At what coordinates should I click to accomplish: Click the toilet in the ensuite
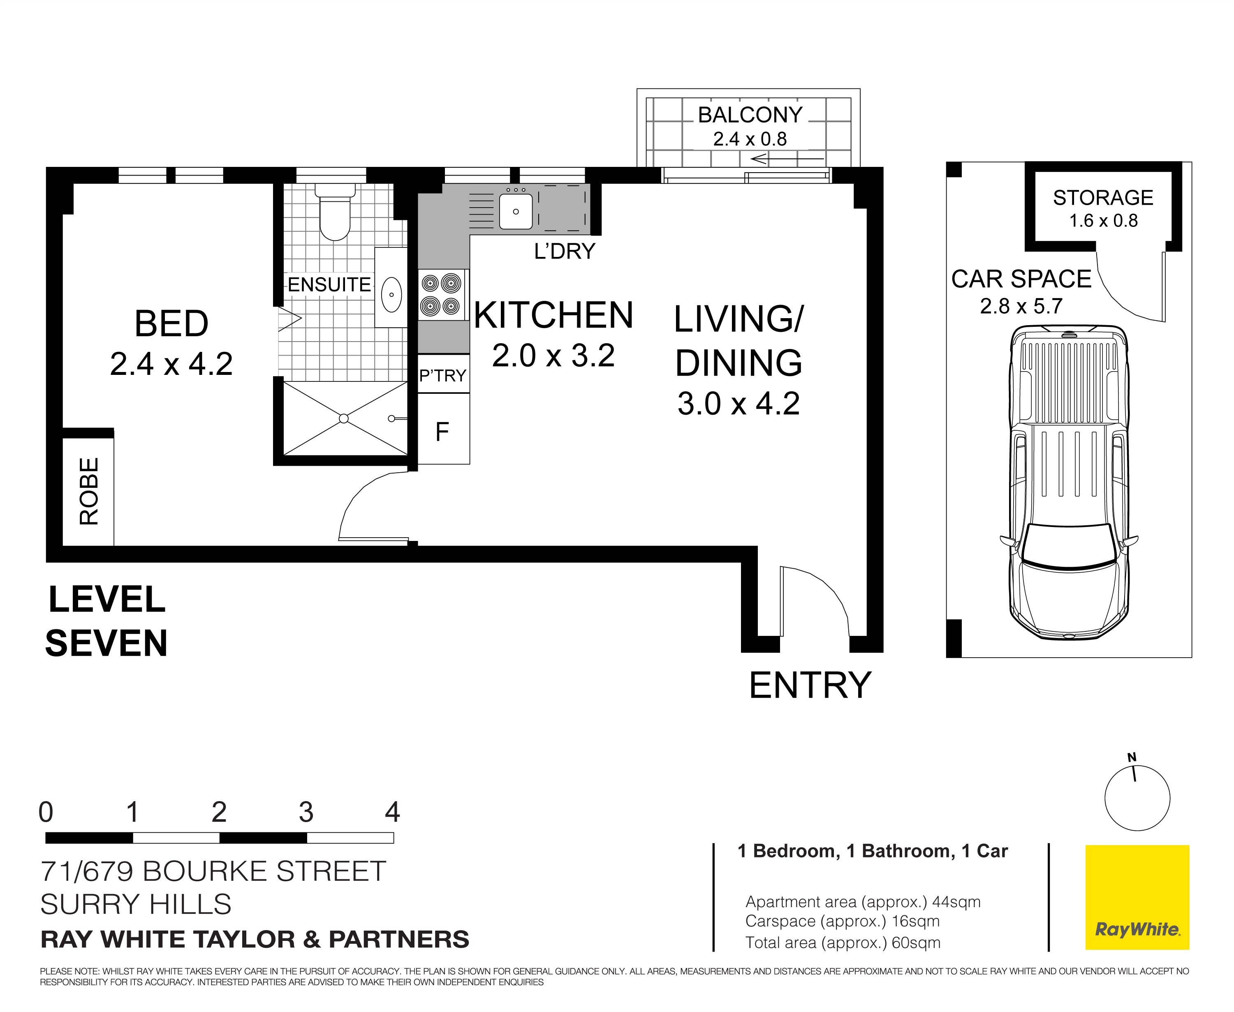(x=335, y=214)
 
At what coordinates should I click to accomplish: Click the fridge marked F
(x=442, y=431)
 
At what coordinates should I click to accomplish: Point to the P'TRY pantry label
(x=442, y=375)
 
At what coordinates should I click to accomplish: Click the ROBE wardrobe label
(x=89, y=492)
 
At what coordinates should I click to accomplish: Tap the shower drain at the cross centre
(x=343, y=418)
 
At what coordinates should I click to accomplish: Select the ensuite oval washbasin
(x=391, y=294)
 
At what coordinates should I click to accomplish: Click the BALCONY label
(x=750, y=115)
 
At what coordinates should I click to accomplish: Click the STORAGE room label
(x=1103, y=198)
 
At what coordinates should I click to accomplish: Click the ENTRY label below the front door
(x=810, y=686)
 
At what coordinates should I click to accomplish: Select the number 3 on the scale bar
(x=306, y=812)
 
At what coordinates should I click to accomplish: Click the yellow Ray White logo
(x=1137, y=897)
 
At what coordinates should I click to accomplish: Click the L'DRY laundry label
(x=564, y=251)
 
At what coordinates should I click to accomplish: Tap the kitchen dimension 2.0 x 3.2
(x=553, y=356)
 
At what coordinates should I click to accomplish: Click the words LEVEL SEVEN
(x=107, y=622)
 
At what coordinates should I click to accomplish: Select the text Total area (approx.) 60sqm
(x=842, y=943)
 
